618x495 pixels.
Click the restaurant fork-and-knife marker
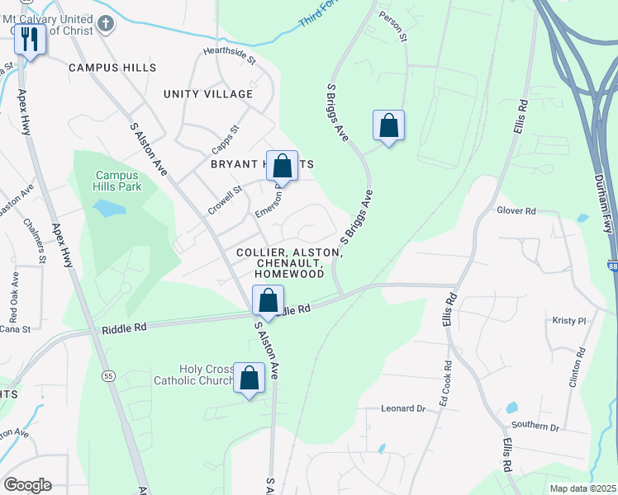pos(30,40)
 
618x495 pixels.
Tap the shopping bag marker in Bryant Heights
pos(283,165)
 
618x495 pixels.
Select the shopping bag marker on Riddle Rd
pos(268,300)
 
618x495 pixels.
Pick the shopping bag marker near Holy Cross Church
pos(250,378)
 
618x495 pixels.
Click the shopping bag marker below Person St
pos(388,126)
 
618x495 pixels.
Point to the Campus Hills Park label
pos(118,181)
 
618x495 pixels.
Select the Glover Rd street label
pos(517,211)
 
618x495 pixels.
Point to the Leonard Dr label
pos(403,408)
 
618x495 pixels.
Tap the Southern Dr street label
pos(535,427)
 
